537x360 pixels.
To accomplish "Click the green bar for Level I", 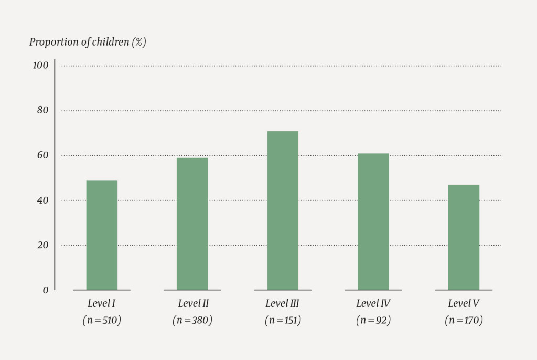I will click(x=102, y=235).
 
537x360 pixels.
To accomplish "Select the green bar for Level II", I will click(x=192, y=224).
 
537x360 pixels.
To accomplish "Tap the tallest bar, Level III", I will click(x=283, y=210).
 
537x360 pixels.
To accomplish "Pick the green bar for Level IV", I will click(x=373, y=221).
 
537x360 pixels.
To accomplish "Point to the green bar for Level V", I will click(x=464, y=237).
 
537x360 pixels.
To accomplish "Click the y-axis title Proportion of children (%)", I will click(x=88, y=43).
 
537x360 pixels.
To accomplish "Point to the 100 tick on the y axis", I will click(x=40, y=66).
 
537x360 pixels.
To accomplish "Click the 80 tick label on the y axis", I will click(x=42, y=110).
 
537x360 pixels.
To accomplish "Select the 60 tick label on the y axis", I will click(x=42, y=155).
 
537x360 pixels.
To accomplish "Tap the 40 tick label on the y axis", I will click(x=42, y=200).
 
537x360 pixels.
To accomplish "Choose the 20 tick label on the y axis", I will click(x=42, y=245).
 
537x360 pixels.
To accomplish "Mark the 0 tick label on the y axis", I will click(x=45, y=290).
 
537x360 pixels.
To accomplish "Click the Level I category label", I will click(x=102, y=303).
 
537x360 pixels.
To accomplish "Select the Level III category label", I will click(x=283, y=303).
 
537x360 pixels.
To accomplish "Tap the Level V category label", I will click(x=464, y=303).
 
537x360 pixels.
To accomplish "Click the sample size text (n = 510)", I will click(x=102, y=320).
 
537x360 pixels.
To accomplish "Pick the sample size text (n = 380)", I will click(x=192, y=320).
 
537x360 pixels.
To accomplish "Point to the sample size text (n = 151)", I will click(x=283, y=320).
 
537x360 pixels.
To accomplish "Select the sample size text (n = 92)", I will click(x=373, y=320).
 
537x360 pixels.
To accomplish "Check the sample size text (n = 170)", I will click(x=464, y=320).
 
